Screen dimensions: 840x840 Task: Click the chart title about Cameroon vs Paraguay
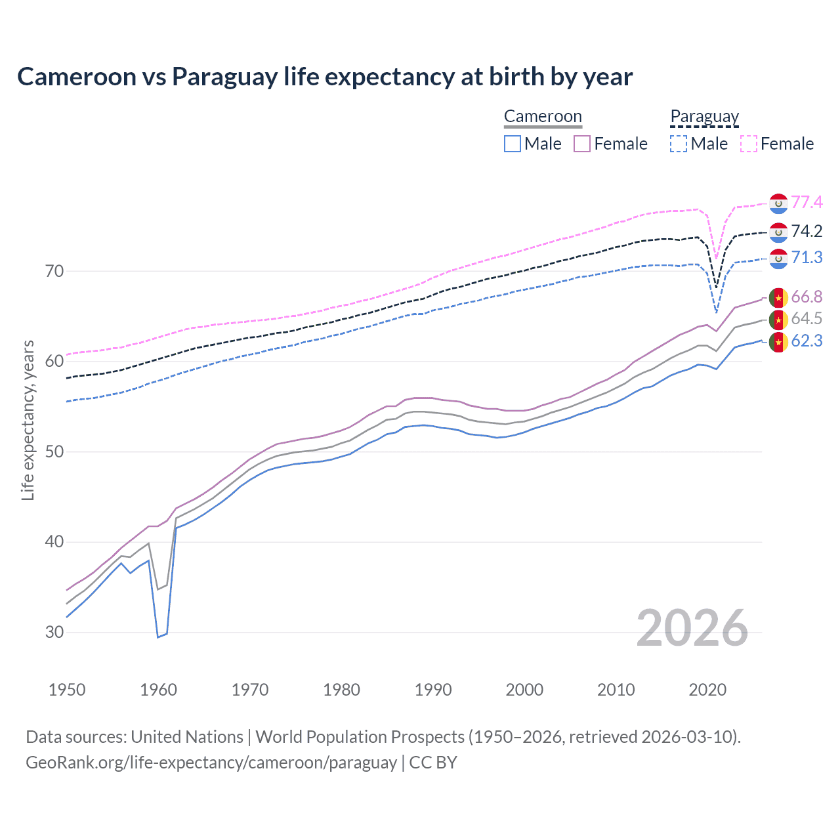click(325, 77)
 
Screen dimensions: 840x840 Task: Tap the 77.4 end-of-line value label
click(807, 202)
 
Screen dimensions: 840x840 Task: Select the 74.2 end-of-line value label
click(807, 231)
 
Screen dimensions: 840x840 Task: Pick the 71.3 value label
click(807, 257)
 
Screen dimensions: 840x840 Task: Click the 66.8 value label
click(807, 297)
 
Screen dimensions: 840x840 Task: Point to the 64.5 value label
click(807, 319)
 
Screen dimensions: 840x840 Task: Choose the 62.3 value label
click(807, 341)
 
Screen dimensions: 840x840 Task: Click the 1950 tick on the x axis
click(67, 690)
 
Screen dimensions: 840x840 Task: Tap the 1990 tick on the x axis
click(433, 690)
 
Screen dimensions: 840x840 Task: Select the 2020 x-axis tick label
click(707, 690)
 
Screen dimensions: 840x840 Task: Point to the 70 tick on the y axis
click(54, 271)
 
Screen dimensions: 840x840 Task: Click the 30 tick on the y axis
click(54, 632)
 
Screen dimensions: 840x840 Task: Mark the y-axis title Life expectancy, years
click(28, 420)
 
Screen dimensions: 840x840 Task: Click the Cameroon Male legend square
click(513, 144)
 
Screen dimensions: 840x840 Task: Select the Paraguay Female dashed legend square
click(749, 144)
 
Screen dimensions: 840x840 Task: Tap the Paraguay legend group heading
click(704, 117)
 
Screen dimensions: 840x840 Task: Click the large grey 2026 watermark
click(692, 628)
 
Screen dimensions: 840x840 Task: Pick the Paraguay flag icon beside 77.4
click(778, 203)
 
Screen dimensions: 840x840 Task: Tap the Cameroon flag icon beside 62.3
click(778, 342)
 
